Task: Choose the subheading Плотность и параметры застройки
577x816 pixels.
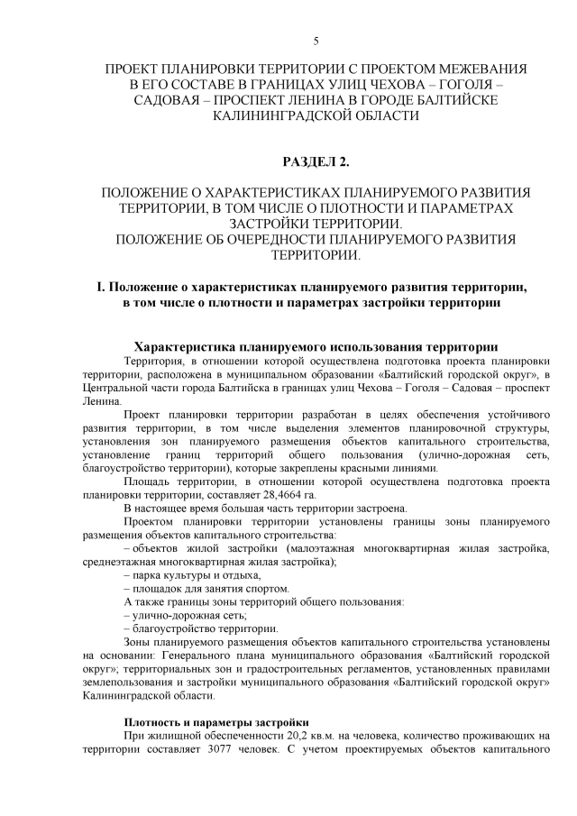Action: [216, 722]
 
